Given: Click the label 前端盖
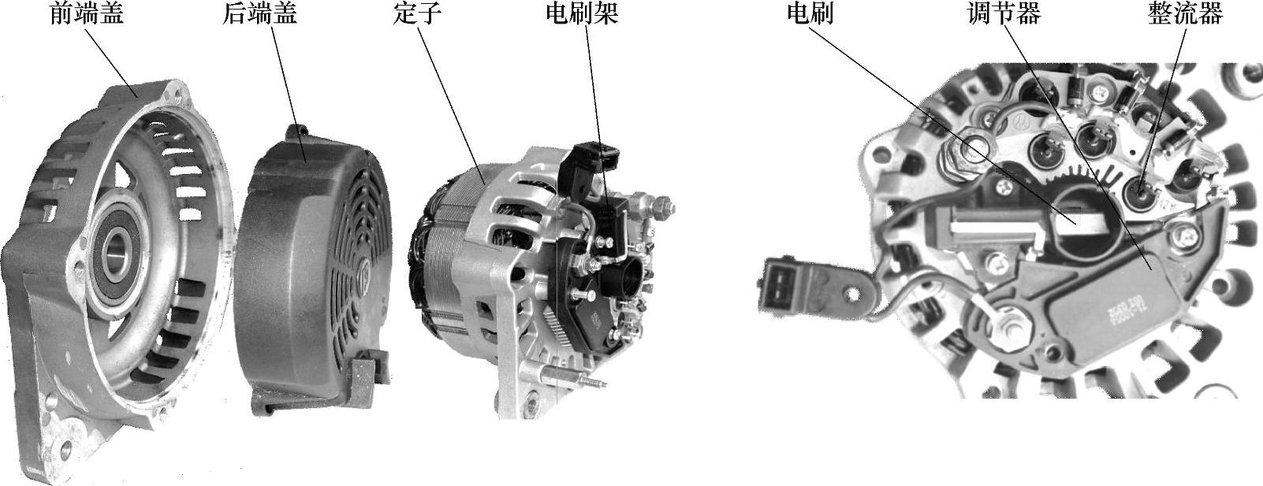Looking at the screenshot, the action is coord(86,14).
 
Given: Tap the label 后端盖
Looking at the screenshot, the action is coord(259,14).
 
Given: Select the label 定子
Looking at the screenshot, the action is coord(417,14).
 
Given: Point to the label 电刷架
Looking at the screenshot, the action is coord(582,14).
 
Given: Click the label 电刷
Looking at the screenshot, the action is coord(810,14).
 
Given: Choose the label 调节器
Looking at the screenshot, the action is coord(1004,14).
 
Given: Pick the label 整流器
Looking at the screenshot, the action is coord(1185,14).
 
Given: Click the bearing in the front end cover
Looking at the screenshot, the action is coord(116,258).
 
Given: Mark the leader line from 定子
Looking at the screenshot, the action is coord(451,106).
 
